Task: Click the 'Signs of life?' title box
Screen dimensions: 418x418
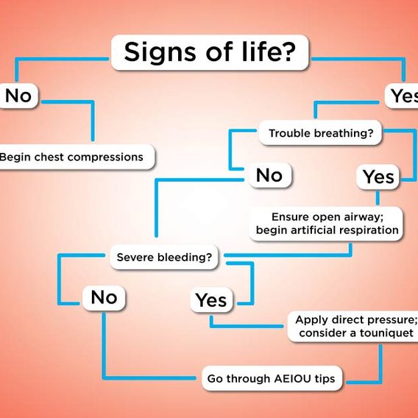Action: click(210, 52)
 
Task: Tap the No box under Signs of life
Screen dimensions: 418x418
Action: click(18, 96)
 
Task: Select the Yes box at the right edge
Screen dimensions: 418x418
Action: click(402, 96)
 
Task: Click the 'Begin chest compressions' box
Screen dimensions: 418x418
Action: click(77, 157)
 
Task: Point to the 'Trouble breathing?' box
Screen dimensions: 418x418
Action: click(320, 132)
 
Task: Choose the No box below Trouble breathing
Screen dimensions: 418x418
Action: click(270, 175)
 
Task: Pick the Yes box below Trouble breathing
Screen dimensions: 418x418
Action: click(378, 177)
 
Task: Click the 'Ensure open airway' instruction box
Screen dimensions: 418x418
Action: click(326, 224)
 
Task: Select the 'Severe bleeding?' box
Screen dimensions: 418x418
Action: click(164, 257)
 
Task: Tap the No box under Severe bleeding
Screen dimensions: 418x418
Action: click(104, 297)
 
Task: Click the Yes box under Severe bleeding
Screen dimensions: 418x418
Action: click(211, 300)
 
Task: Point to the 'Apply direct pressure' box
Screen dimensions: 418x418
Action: click(353, 326)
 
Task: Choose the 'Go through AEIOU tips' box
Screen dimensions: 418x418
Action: click(272, 378)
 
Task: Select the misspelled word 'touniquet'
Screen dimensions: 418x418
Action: click(386, 333)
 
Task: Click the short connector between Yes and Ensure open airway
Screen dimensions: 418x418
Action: click(378, 197)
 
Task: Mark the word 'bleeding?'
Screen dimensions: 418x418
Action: click(185, 258)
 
